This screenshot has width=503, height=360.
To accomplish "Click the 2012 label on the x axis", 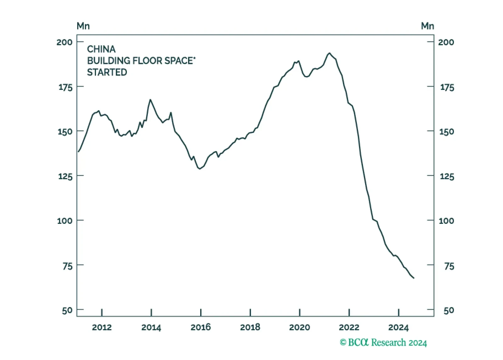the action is pos(102,328).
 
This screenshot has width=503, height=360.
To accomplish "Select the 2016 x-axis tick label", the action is pos(201,328).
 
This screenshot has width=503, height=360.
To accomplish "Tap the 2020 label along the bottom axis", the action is pos(299,328).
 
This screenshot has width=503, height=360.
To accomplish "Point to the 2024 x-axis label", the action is pos(398,328).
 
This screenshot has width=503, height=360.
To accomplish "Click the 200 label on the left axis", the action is pos(65,42).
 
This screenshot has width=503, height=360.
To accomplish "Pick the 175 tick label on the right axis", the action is pos(447,87).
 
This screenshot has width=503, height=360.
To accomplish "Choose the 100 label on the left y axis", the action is pos(65,221).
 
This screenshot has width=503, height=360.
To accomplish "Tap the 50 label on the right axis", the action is pos(449,310).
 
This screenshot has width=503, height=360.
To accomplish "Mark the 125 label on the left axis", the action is pos(65,177).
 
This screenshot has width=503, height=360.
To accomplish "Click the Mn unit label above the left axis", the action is pos(83,26).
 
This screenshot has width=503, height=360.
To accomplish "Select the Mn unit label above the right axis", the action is pos(427,26).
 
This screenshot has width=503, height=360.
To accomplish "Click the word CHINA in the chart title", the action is pos(101,49).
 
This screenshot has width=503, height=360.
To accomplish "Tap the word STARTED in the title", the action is pos(107,72).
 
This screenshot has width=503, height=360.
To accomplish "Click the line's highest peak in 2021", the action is pos(329,53).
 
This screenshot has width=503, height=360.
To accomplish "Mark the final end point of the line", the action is pos(414,278).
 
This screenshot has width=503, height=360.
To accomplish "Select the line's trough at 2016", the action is pos(200,169).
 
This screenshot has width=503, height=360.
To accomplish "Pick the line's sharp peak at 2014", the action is pos(150,99).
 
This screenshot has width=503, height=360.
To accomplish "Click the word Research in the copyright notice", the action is pos(389,342).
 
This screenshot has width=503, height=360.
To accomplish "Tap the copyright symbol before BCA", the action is pos(343,342).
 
